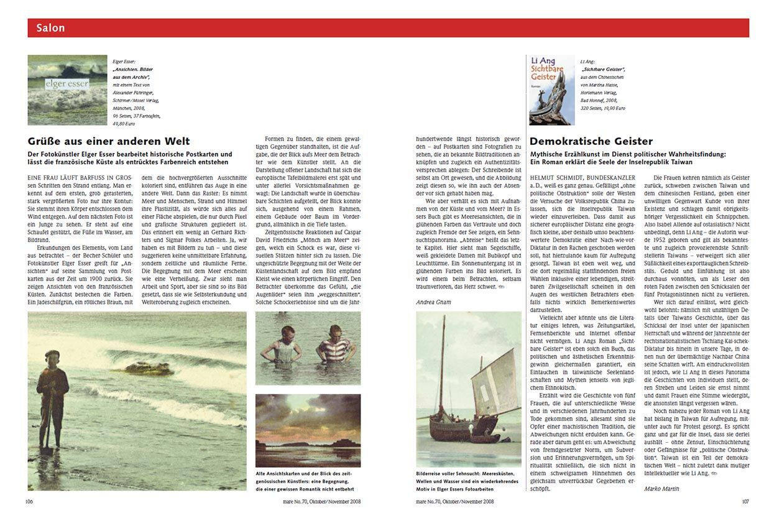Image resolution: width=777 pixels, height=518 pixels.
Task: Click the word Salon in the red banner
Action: [50, 28]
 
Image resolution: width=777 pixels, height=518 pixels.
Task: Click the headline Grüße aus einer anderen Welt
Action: [109, 141]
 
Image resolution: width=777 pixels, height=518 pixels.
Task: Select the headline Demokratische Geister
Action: [591, 141]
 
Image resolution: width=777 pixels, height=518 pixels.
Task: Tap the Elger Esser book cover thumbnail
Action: [67, 90]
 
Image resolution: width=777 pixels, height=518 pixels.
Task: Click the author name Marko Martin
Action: [662, 488]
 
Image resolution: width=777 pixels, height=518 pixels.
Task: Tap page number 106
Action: [30, 501]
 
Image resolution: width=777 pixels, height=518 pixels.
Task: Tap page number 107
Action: [745, 501]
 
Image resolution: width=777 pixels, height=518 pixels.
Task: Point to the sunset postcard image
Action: [308, 430]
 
